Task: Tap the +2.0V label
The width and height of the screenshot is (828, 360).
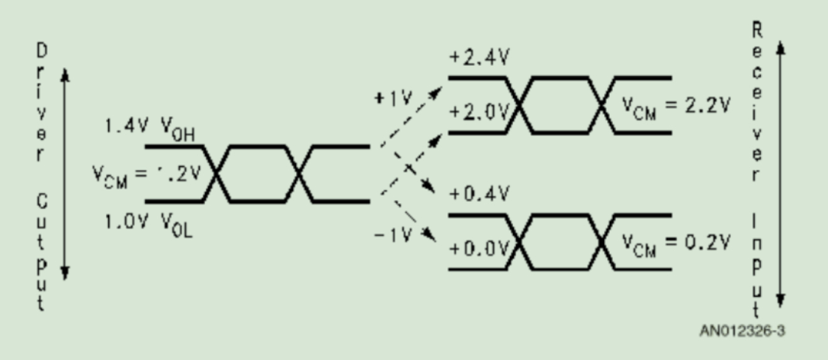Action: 478,113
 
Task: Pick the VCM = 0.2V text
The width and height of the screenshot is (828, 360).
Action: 676,243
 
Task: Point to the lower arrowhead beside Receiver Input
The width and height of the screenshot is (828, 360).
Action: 780,299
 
